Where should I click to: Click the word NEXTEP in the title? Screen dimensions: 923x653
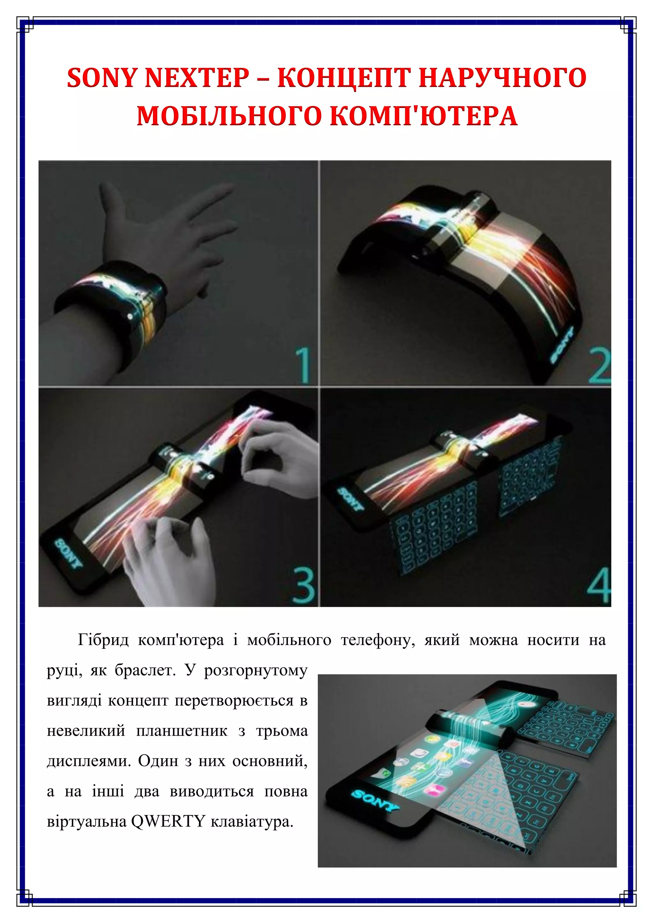pyautogui.click(x=197, y=77)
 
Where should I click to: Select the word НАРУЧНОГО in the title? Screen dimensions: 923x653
pyautogui.click(x=503, y=77)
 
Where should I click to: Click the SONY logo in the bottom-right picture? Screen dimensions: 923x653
pyautogui.click(x=375, y=800)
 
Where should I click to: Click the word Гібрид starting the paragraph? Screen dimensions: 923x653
pyautogui.click(x=103, y=640)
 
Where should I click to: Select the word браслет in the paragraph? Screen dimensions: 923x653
pyautogui.click(x=145, y=670)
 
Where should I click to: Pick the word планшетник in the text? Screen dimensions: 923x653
pyautogui.click(x=182, y=730)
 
